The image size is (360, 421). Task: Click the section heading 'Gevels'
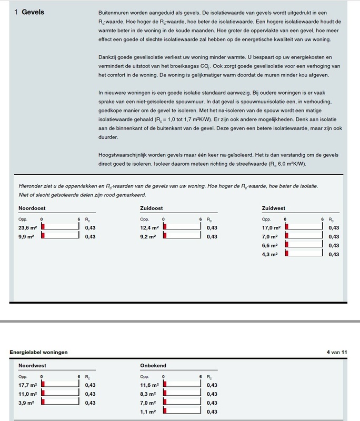tap(33, 12)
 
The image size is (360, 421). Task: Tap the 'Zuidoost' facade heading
tap(152, 208)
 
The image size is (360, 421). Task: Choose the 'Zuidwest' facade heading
tap(274, 208)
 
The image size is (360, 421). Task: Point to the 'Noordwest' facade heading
tap(32, 365)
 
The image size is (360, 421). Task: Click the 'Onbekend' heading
tap(153, 365)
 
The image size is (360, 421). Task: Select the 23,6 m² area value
tap(27, 228)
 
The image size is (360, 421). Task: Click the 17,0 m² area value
tap(271, 228)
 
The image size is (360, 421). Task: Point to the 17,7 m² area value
tap(27, 385)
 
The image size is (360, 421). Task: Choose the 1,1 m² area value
tap(148, 412)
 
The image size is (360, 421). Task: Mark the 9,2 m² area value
tap(147, 237)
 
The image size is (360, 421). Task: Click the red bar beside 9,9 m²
tap(43, 236)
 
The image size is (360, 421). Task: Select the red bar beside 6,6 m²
tap(286, 245)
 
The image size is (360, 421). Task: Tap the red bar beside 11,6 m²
tap(165, 384)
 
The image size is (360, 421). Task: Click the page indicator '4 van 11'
tap(337, 352)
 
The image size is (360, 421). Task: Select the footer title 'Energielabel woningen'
tap(38, 352)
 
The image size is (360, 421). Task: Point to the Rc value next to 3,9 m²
tap(90, 403)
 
